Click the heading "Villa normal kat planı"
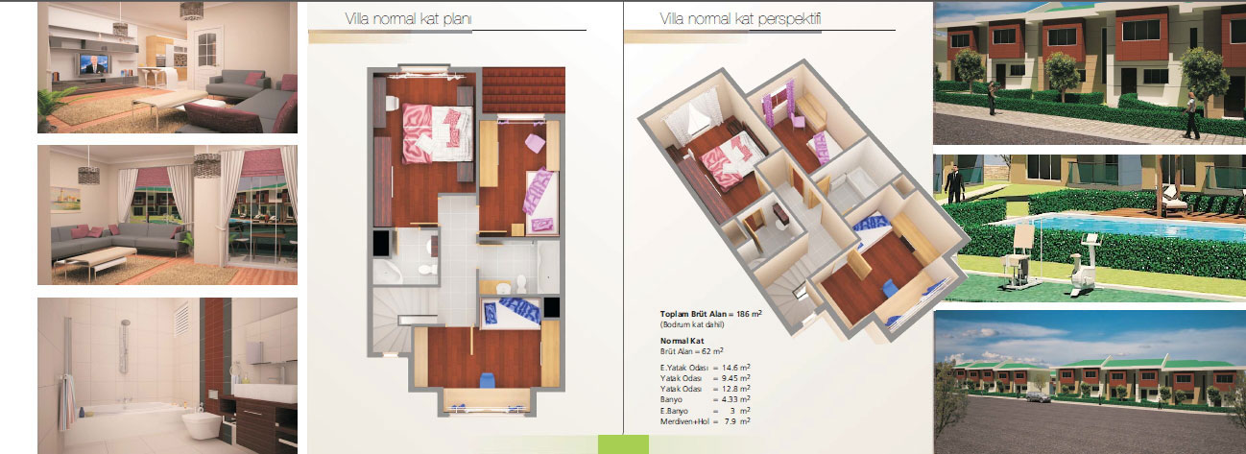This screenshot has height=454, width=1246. [x=408, y=19]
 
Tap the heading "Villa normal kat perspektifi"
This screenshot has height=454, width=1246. [x=740, y=19]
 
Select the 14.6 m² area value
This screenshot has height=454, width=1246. [x=736, y=368]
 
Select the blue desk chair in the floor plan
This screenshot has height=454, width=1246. [x=488, y=380]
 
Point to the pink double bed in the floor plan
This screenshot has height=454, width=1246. [x=437, y=133]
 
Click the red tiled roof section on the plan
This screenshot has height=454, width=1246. [x=523, y=90]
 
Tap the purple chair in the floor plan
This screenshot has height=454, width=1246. [x=535, y=143]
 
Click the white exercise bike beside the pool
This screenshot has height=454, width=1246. [x=1085, y=264]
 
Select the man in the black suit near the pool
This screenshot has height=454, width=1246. [x=954, y=183]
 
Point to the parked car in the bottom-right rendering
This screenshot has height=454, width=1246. [x=1038, y=396]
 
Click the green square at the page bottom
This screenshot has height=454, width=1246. [x=623, y=444]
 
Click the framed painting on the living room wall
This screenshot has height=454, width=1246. [x=64, y=200]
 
